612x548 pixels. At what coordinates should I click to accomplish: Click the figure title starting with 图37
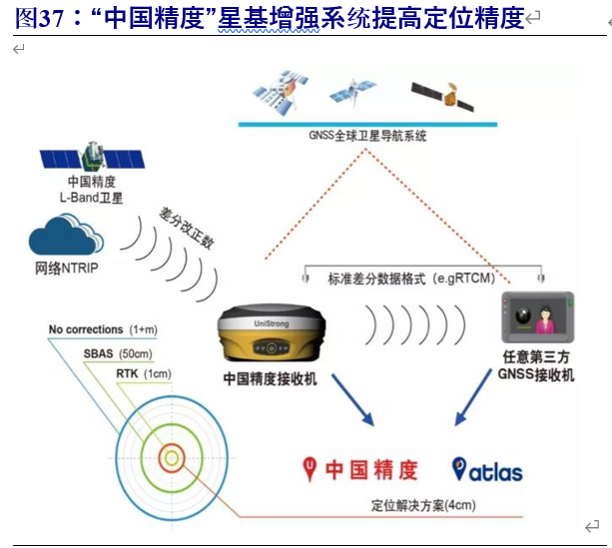pyautogui.click(x=270, y=18)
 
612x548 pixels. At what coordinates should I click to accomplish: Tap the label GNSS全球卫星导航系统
pyautogui.click(x=366, y=135)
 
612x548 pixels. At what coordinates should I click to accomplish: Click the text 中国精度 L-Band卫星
pyautogui.click(x=92, y=190)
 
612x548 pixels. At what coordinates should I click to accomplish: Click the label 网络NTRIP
pyautogui.click(x=69, y=270)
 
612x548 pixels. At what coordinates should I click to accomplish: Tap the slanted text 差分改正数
pyautogui.click(x=187, y=231)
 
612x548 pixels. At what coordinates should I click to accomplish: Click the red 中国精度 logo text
pyautogui.click(x=361, y=468)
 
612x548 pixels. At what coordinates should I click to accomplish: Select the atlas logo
pyautogui.click(x=486, y=469)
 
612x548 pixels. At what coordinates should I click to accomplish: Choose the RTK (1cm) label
pyautogui.click(x=144, y=373)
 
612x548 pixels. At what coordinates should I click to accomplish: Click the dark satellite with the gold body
pyautogui.click(x=441, y=95)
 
